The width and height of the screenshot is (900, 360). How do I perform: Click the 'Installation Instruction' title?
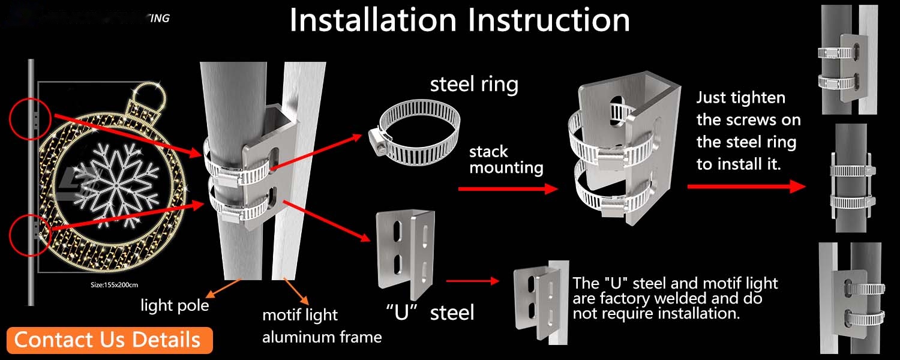pos(460,20)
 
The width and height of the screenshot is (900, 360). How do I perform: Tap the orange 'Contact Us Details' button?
pos(107,340)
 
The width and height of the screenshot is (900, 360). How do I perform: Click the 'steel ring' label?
pos(474,84)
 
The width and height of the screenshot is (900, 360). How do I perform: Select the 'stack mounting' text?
pos(506,159)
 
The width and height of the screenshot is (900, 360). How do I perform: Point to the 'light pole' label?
pos(175,305)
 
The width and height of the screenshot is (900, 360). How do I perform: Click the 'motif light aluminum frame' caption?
pos(322,326)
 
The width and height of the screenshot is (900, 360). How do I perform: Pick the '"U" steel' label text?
pos(430,312)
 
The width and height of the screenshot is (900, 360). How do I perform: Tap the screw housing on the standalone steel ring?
pos(379,140)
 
